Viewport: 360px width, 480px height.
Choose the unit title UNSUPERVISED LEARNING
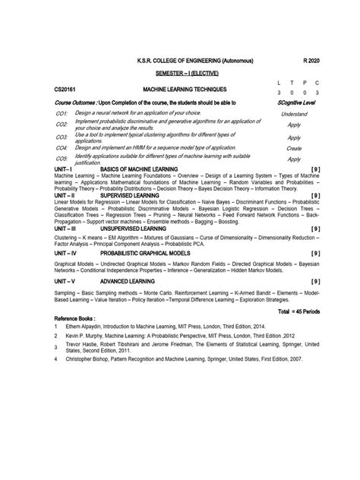pos(140,228)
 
